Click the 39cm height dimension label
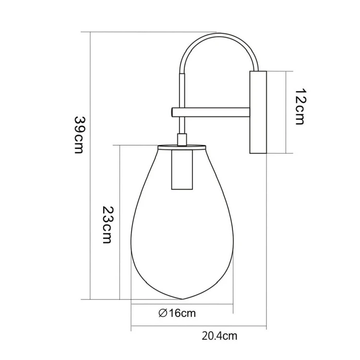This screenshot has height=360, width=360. pyautogui.click(x=80, y=135)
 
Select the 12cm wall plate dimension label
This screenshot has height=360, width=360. pyautogui.click(x=300, y=107)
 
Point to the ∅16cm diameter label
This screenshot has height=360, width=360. pyautogui.click(x=177, y=313)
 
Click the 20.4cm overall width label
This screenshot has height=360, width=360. pyautogui.click(x=219, y=336)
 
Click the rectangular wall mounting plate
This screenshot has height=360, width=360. pyautogui.click(x=258, y=112)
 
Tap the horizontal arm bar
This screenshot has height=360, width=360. pyautogui.click(x=211, y=112)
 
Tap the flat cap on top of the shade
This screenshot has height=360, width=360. pyautogui.click(x=182, y=145)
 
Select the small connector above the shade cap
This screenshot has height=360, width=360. pyautogui.click(x=182, y=139)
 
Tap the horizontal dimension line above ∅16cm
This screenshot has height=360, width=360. pyautogui.click(x=182, y=305)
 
